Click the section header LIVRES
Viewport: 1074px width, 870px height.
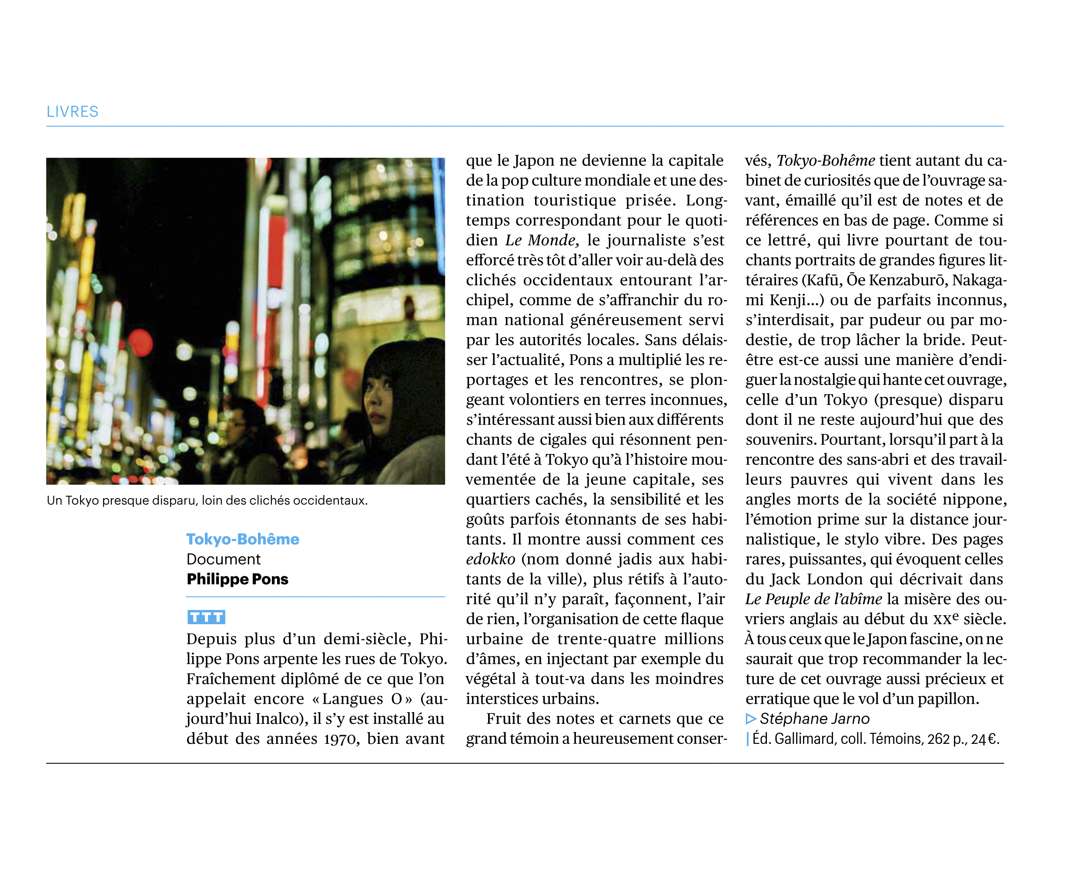click(x=72, y=111)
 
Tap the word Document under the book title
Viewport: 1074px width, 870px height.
click(x=224, y=559)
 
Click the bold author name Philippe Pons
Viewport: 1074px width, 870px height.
click(x=237, y=579)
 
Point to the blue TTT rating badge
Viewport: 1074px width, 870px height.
click(x=206, y=617)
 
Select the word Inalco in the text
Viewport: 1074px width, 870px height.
click(x=278, y=719)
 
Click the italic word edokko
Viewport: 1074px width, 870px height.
click(x=490, y=559)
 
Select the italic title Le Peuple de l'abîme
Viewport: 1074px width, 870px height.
click(x=813, y=599)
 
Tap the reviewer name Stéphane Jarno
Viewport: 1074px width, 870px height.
click(x=814, y=719)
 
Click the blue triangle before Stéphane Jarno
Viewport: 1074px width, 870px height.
click(x=750, y=719)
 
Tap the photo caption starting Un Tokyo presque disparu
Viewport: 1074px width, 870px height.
click(x=207, y=500)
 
